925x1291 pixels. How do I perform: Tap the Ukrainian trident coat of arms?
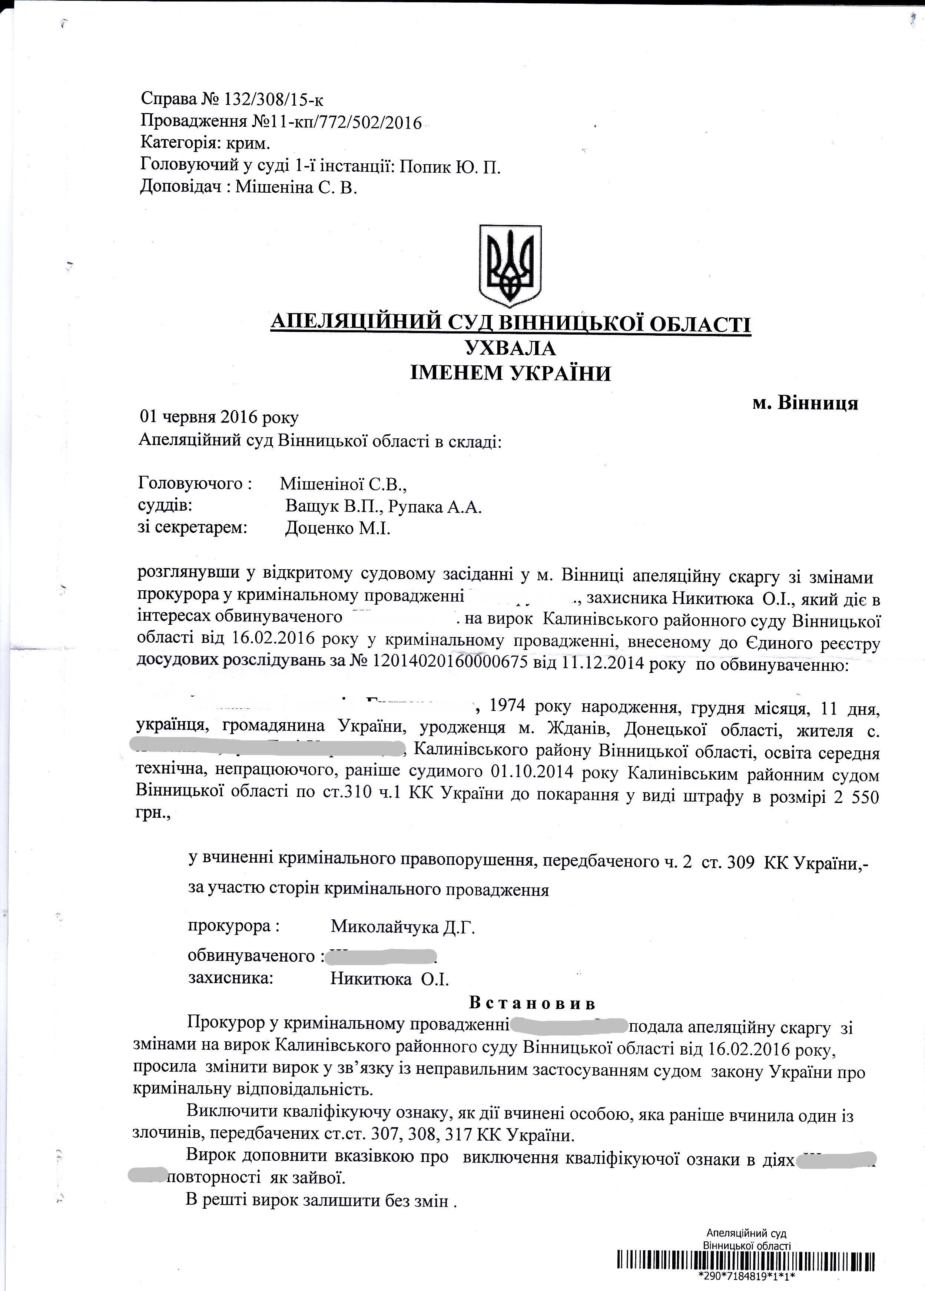[510, 266]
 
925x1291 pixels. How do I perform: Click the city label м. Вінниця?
[805, 403]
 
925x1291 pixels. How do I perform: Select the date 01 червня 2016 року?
[219, 417]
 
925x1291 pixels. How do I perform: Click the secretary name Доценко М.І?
[338, 529]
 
